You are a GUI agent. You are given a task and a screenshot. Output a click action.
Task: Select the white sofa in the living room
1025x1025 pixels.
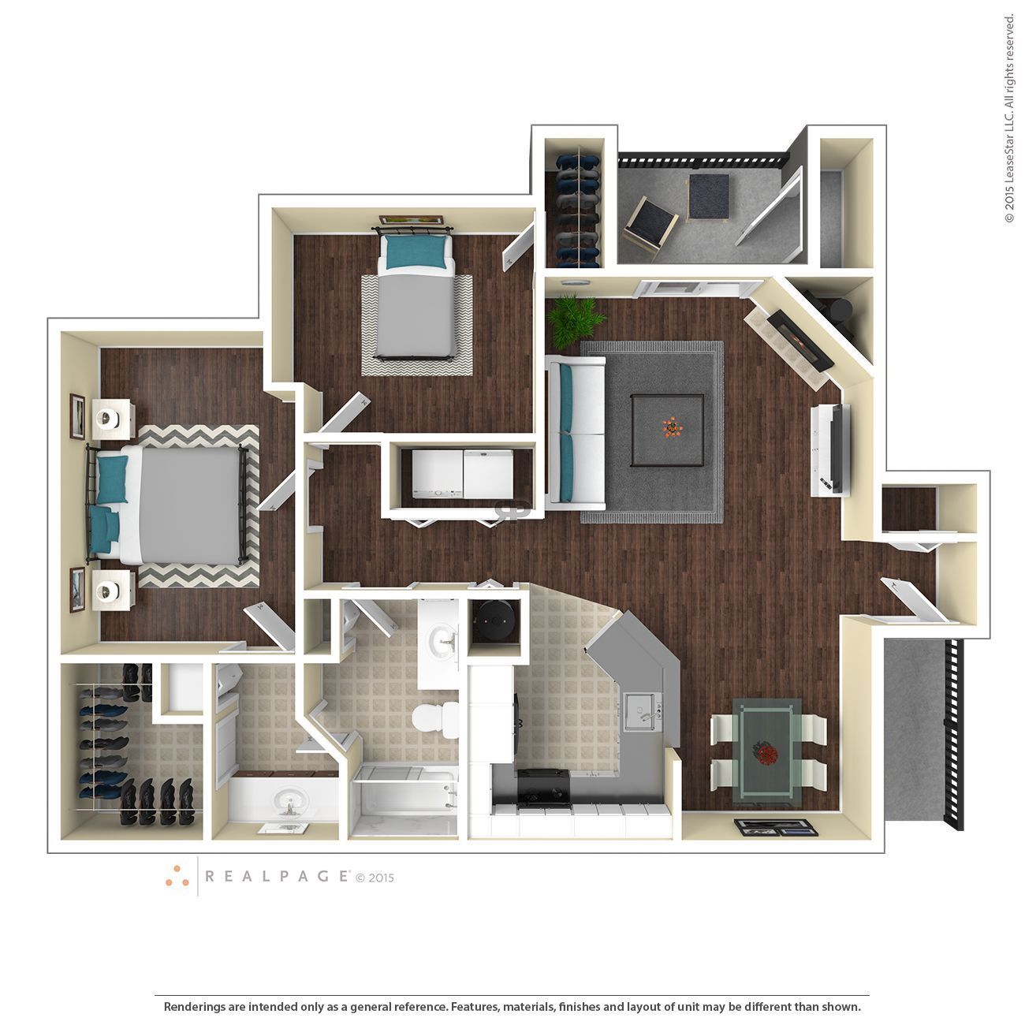[x=576, y=429]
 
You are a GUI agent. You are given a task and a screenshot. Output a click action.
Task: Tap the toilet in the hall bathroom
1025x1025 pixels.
[x=434, y=718]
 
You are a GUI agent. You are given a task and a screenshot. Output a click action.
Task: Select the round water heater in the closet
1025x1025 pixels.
[x=494, y=623]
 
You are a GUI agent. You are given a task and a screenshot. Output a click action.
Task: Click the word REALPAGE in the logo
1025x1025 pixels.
[x=276, y=875]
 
